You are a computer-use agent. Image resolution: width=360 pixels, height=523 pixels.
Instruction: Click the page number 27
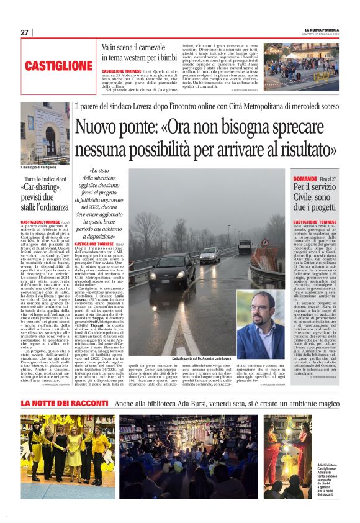(24, 32)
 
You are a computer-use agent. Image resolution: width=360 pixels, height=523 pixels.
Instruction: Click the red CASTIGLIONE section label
(59, 66)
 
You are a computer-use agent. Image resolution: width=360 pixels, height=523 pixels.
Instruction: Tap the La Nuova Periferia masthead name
(322, 30)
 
